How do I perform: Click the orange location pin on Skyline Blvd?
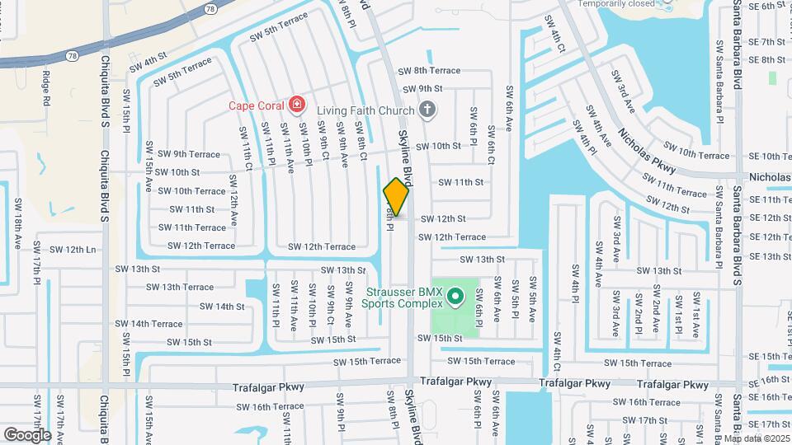pyautogui.click(x=396, y=197)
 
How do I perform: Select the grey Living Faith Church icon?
pyautogui.click(x=427, y=109)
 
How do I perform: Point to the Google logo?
pyautogui.click(x=27, y=434)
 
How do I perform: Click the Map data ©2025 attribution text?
pyautogui.click(x=756, y=438)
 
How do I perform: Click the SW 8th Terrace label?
pyautogui.click(x=429, y=71)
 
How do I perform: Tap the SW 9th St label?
pyautogui.click(x=422, y=89)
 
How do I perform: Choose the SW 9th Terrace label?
pyautogui.click(x=189, y=154)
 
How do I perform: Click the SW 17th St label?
pyautogui.click(x=644, y=420)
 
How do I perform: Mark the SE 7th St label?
pyautogui.click(x=766, y=42)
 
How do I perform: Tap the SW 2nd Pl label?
pyautogui.click(x=636, y=311)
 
